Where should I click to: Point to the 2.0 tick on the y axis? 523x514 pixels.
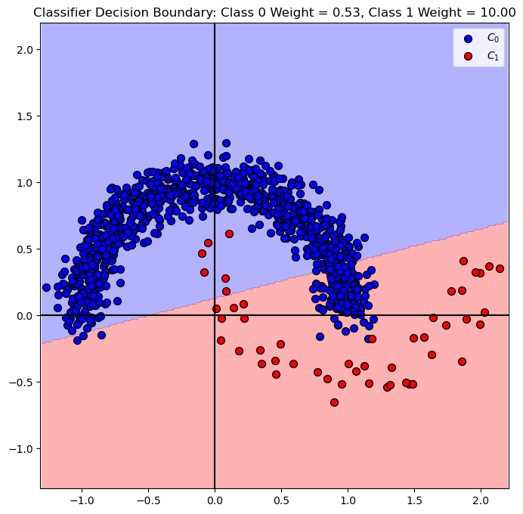[40, 49]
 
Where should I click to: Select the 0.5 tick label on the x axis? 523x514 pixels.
[281, 500]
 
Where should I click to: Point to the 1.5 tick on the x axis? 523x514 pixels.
[414, 488]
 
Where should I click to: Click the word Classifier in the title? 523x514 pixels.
[61, 12]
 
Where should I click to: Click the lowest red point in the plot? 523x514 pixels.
[334, 402]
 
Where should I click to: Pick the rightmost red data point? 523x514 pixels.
[500, 268]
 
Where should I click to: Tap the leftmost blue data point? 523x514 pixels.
[46, 287]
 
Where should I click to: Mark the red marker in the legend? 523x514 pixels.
[469, 56]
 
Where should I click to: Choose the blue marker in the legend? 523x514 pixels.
[469, 38]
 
